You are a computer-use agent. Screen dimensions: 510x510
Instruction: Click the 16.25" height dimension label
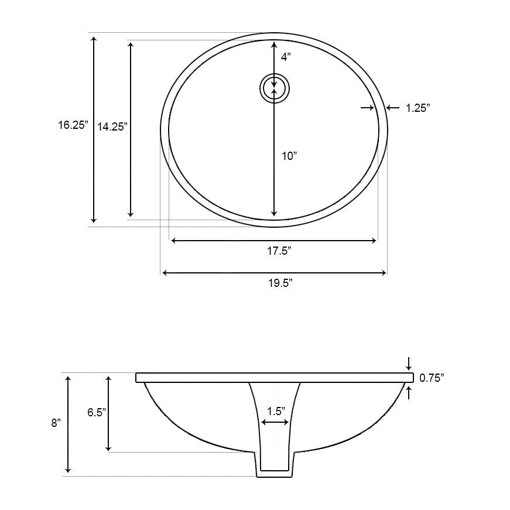[73, 124]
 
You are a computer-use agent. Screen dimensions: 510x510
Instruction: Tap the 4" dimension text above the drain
[285, 57]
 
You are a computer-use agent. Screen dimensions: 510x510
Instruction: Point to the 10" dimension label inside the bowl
[289, 156]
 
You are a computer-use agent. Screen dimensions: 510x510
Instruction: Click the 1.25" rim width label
[418, 108]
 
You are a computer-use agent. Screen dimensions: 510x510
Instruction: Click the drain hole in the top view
[275, 88]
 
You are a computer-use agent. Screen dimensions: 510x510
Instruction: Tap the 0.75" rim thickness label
[432, 378]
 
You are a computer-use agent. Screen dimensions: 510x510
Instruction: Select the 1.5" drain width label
[275, 411]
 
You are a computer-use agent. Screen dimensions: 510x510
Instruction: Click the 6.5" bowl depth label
[96, 412]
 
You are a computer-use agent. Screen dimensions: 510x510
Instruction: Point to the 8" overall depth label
[56, 423]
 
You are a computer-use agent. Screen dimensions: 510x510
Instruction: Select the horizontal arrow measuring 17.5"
[273, 240]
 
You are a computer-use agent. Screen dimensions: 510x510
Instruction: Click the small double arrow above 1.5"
[275, 422]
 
